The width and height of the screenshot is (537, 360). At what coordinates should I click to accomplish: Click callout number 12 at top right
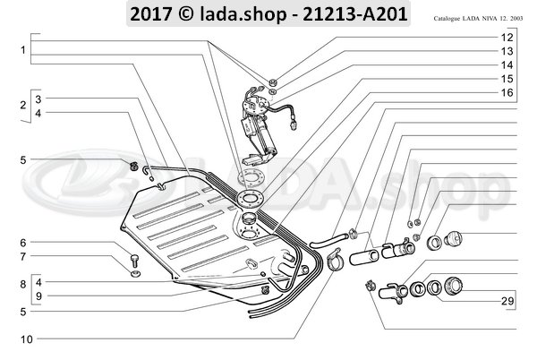pyautogui.click(x=507, y=38)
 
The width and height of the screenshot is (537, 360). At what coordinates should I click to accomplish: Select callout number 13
pyautogui.click(x=507, y=52)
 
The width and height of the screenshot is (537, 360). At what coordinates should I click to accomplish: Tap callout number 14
pyautogui.click(x=507, y=65)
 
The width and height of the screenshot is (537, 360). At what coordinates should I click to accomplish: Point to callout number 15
pyautogui.click(x=507, y=80)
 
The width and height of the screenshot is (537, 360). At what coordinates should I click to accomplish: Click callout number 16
pyautogui.click(x=507, y=93)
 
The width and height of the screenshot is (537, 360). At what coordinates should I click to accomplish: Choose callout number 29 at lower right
pyautogui.click(x=507, y=302)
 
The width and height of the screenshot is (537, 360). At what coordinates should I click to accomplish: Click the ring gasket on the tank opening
pyautogui.click(x=252, y=198)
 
